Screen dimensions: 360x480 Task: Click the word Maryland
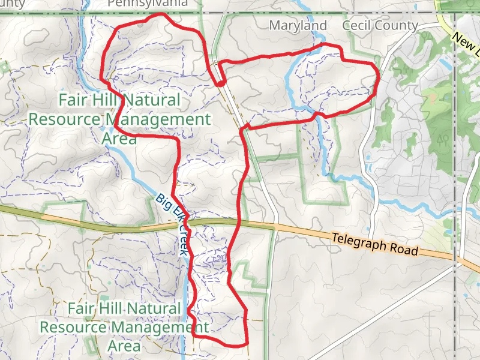(298, 25)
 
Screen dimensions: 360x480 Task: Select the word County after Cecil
(398, 25)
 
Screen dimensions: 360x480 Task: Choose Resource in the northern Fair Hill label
(63, 119)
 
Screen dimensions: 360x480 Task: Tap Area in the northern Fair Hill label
(119, 139)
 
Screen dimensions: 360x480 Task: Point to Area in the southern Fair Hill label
(124, 346)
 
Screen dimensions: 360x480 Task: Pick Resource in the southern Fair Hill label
(72, 328)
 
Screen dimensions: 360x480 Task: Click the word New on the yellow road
(463, 41)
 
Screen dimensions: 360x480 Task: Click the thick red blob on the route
(221, 83)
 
